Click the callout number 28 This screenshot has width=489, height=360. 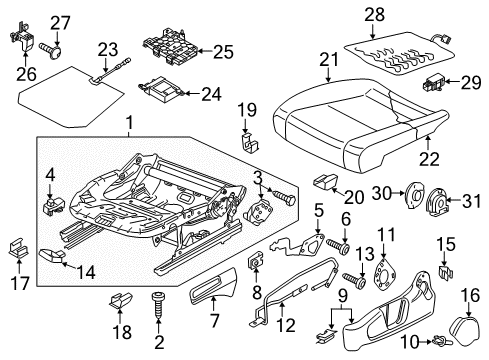(x=374, y=15)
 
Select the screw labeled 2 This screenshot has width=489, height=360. (x=158, y=305)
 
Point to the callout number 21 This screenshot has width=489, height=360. (x=329, y=60)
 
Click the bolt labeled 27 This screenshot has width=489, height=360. (x=51, y=51)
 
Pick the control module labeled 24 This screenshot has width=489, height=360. (x=160, y=88)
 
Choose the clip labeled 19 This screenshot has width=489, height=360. (x=250, y=143)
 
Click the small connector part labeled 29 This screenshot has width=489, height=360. (x=433, y=83)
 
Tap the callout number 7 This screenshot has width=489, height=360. (x=214, y=321)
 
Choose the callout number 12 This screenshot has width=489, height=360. (x=286, y=325)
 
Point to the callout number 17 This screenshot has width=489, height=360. (x=20, y=283)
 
